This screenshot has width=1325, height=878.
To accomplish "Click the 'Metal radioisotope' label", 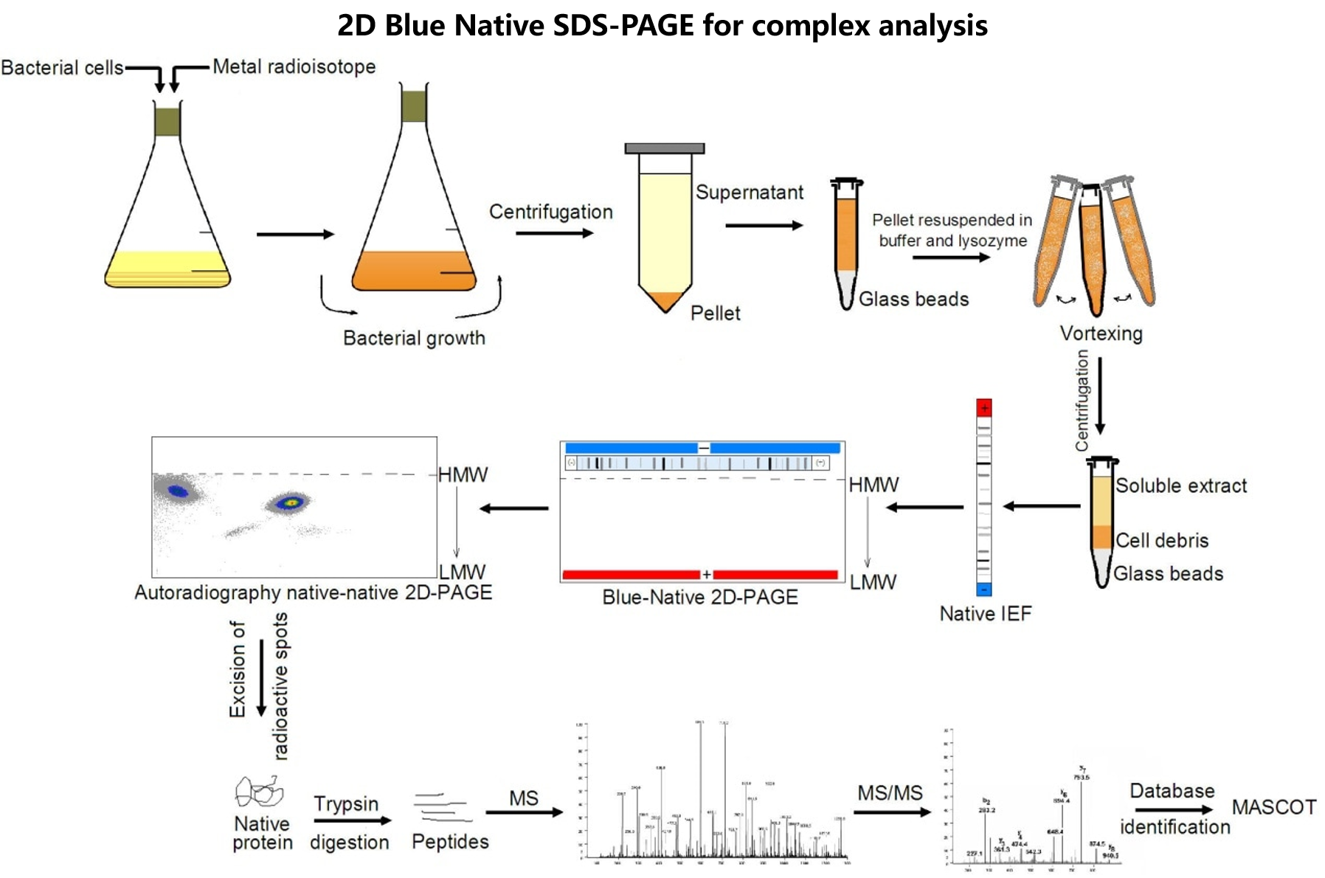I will coord(294,67).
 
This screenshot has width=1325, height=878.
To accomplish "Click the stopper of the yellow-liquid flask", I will coord(167,122).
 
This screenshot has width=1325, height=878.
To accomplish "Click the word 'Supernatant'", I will coord(749,193).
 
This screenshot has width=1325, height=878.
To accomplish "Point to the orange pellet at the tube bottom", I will coord(665,300).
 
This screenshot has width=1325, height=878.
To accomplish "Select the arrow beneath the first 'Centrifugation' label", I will coord(554,233).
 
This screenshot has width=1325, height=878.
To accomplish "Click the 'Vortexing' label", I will coord(1101,333).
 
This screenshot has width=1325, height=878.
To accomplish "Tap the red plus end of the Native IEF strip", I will coord(983,408).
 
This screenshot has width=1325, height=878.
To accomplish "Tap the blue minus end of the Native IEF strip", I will coord(983,589).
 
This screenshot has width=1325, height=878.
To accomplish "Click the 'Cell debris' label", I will coord(1161,540).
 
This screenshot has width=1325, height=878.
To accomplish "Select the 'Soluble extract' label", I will coord(1180,485).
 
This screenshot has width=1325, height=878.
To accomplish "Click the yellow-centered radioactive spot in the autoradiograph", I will coord(291,503).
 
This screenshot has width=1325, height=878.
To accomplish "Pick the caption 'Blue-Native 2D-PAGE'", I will coord(699,597).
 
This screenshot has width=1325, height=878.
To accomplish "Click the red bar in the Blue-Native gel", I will coord(631,574).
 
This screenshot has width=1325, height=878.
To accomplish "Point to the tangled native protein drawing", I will coord(259,793).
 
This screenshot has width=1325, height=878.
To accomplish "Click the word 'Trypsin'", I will coord(345,803).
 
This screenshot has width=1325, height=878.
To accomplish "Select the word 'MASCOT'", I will coord(1273,807).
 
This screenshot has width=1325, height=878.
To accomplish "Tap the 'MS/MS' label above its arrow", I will coord(890,793).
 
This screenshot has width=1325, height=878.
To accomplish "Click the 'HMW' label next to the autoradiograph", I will coord(463,475).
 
